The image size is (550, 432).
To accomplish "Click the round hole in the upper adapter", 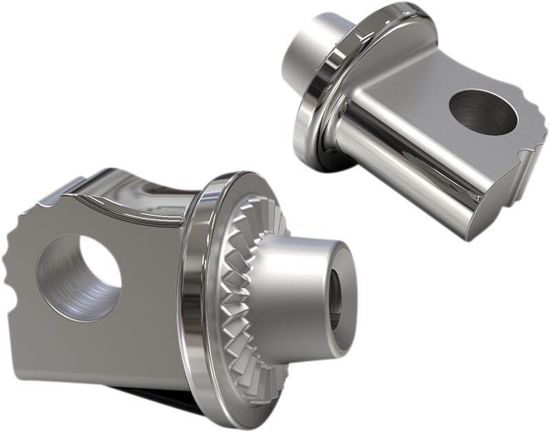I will [483, 112].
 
